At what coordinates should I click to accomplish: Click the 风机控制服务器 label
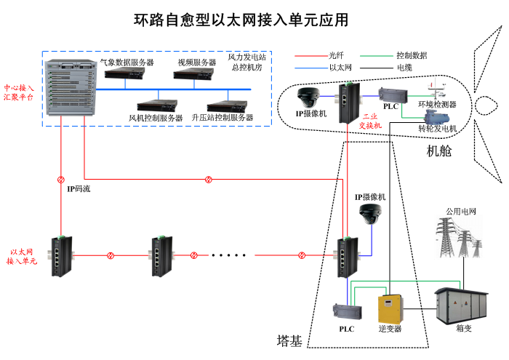[x=156, y=117]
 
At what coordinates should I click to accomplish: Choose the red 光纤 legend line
[x=309, y=55]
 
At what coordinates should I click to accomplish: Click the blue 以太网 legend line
[x=309, y=68]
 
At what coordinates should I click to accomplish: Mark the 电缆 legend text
[x=404, y=68]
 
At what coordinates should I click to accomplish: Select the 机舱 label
[x=439, y=151]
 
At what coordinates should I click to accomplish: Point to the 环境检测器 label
[x=437, y=104]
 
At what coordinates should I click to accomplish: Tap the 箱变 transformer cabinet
[x=462, y=305]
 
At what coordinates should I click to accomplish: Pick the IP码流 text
[x=79, y=188]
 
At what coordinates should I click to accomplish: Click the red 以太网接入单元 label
[x=23, y=255]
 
